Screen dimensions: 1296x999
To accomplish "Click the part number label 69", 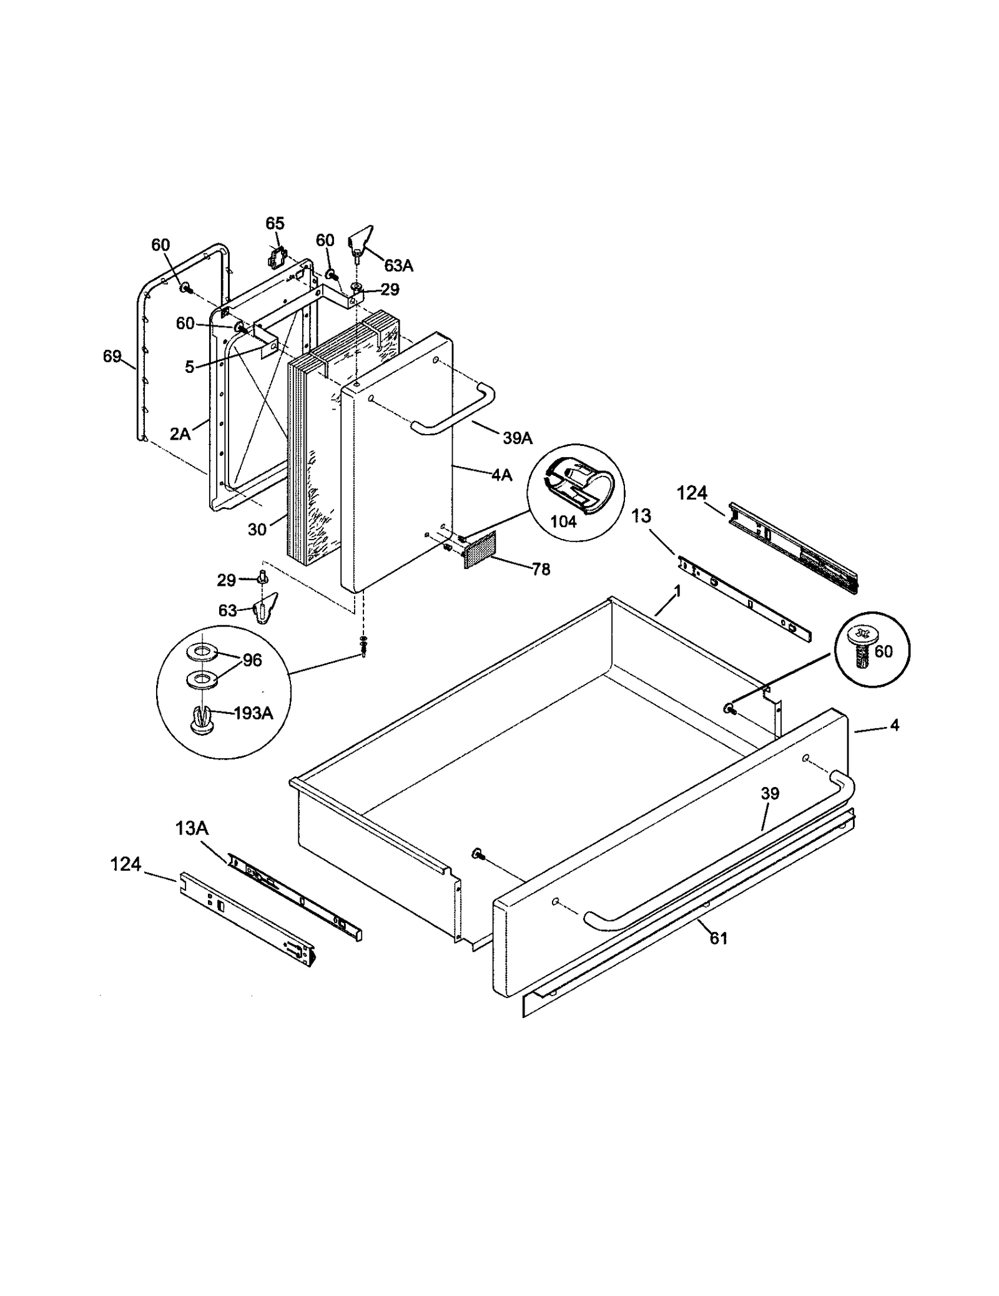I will pos(112,357).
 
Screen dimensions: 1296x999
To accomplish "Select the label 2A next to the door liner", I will pos(180,433).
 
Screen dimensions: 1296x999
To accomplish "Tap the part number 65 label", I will pos(275,224).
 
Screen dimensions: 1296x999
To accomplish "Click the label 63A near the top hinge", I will pos(398,265).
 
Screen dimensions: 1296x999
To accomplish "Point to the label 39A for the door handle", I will pos(518,438).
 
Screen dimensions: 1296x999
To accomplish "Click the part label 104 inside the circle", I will pos(563,522).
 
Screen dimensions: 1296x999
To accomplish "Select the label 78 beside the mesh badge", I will pos(541,569).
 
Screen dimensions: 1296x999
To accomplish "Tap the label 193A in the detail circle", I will pos(253,713).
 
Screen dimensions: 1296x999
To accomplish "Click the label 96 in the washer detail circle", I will pos(252,660).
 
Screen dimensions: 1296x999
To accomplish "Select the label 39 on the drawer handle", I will pos(770,794).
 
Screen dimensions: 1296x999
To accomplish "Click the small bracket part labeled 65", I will pos(277,257).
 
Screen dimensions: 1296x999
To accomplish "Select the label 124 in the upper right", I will pos(692,493).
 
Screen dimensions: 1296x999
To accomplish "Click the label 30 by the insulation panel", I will pos(257,530).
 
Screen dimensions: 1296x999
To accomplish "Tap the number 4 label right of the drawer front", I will pos(895,726).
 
